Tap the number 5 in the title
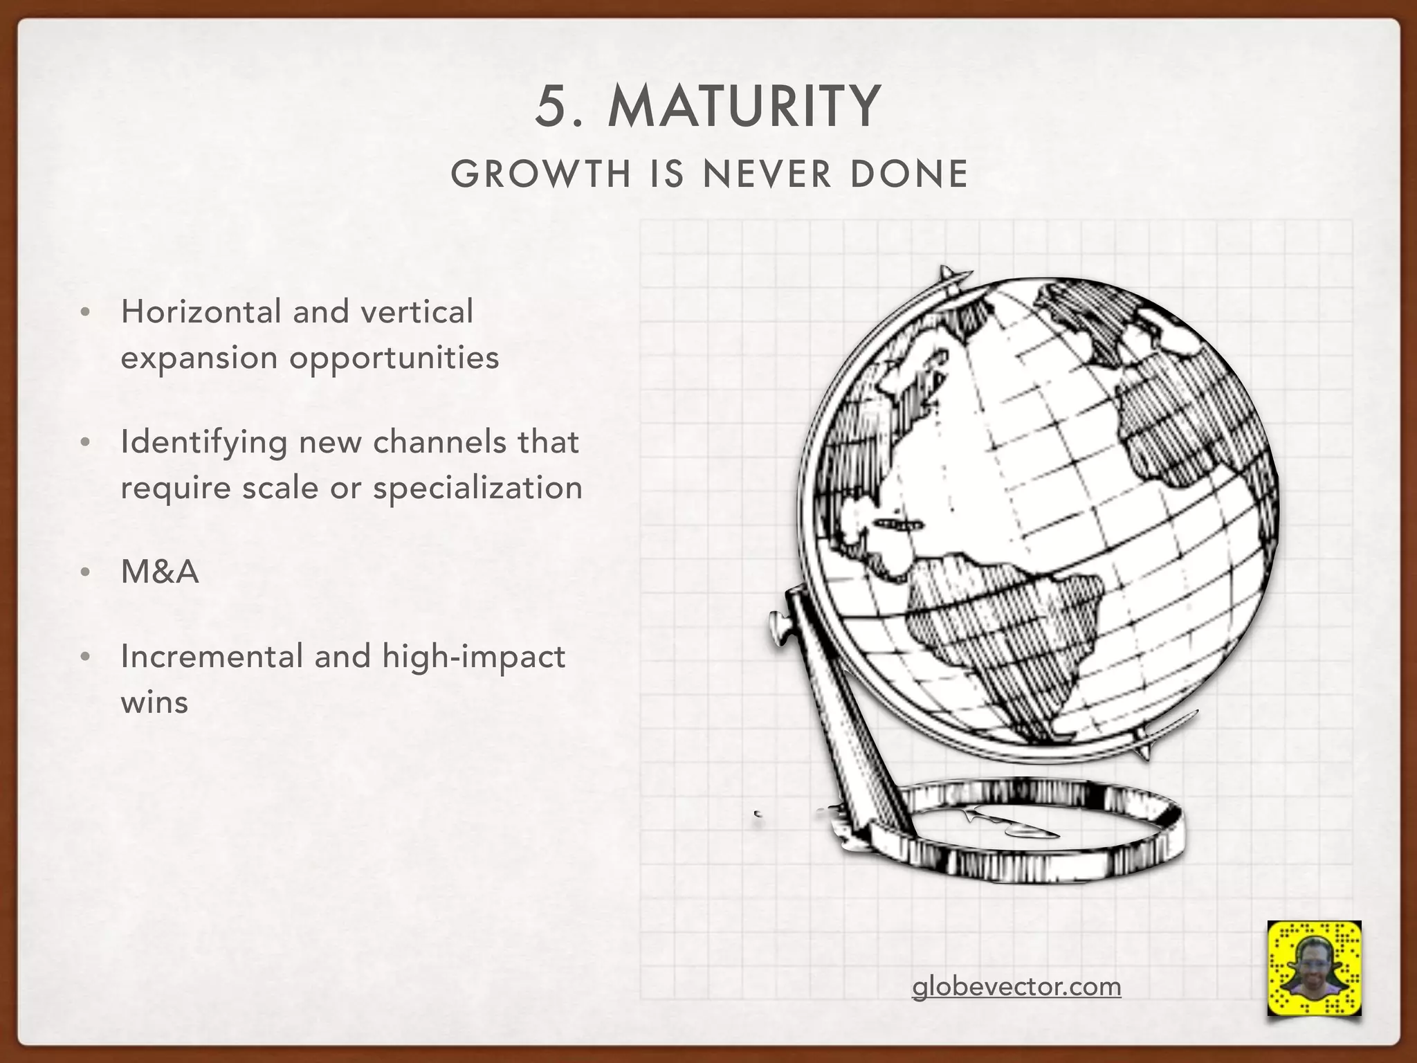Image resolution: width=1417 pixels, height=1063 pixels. [551, 107]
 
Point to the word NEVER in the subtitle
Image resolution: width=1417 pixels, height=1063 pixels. [767, 174]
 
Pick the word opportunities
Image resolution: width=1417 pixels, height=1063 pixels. [394, 358]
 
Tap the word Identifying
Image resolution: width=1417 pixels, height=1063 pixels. [203, 443]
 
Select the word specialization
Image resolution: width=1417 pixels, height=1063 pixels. [477, 488]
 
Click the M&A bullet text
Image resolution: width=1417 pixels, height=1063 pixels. [160, 572]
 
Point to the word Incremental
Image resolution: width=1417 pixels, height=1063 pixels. [212, 656]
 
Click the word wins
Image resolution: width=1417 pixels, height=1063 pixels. [154, 702]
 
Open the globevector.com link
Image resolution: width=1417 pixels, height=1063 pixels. [1016, 986]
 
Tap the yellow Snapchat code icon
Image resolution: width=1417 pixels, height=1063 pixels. [1314, 967]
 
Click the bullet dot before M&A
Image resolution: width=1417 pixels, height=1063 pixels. [85, 573]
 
